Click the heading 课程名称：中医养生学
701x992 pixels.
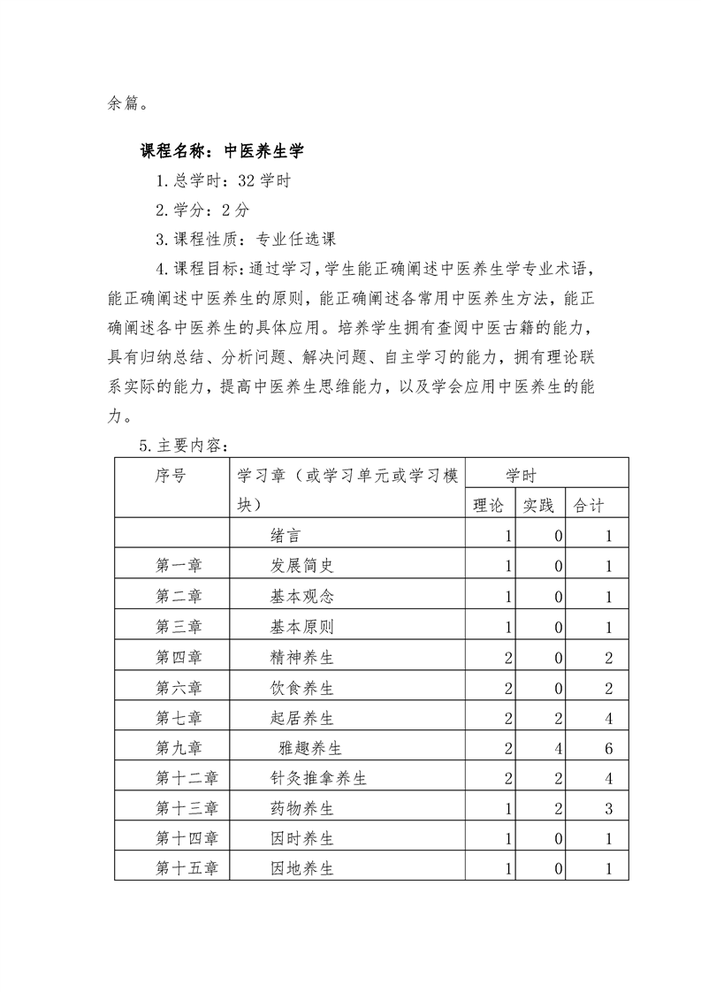[x=222, y=151]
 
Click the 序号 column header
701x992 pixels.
[x=171, y=476]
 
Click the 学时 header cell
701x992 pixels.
[x=521, y=476]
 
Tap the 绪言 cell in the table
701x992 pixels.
[x=288, y=536]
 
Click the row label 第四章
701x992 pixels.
[x=179, y=657]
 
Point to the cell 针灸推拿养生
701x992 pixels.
[x=318, y=778]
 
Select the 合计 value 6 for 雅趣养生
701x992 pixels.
[x=609, y=748]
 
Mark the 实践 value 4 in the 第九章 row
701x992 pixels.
[x=559, y=748]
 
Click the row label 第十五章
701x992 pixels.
[x=187, y=868]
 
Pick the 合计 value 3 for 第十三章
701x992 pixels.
[x=609, y=808]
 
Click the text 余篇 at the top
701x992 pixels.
[x=121, y=100]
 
